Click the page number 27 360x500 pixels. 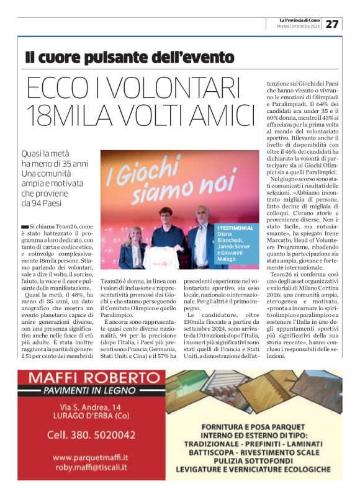(333, 24)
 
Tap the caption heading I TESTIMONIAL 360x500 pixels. (236, 228)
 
